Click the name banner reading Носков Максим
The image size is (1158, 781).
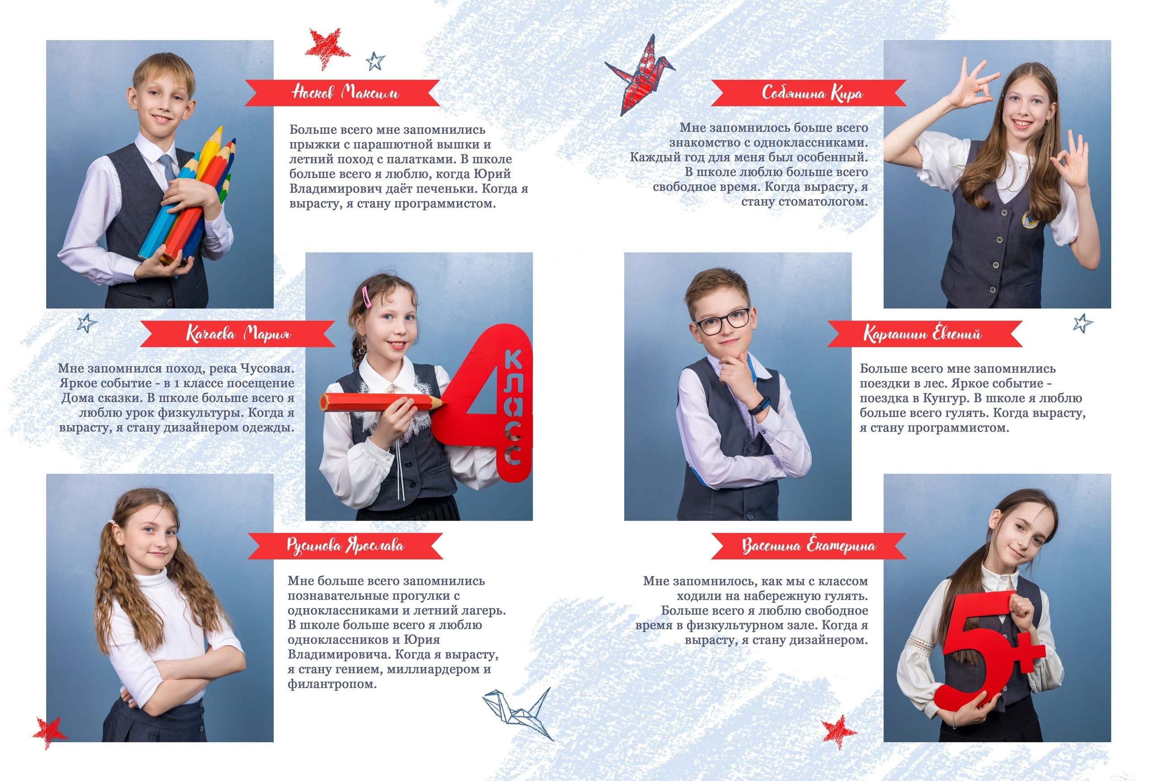click(342, 93)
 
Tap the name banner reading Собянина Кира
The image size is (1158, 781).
click(808, 93)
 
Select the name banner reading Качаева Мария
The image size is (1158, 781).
click(237, 334)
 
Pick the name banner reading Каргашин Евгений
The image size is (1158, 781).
click(925, 334)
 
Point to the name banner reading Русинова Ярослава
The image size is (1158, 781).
click(345, 546)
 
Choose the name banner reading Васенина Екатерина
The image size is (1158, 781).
click(808, 546)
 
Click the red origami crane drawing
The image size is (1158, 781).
click(640, 75)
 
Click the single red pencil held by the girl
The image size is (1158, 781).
click(381, 402)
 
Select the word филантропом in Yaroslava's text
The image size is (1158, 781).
click(332, 684)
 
